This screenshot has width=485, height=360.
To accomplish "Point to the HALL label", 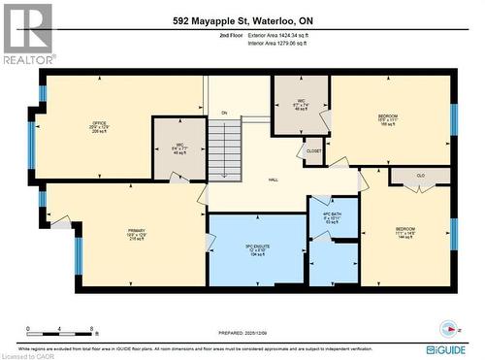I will (274, 180).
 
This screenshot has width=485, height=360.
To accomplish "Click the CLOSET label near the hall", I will (313, 151).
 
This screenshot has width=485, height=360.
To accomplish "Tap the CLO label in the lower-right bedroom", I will (419, 176).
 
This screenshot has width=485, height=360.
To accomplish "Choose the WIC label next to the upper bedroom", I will (301, 102).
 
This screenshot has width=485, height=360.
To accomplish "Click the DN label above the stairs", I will (222, 114).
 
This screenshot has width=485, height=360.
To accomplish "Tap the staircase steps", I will (225, 149).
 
